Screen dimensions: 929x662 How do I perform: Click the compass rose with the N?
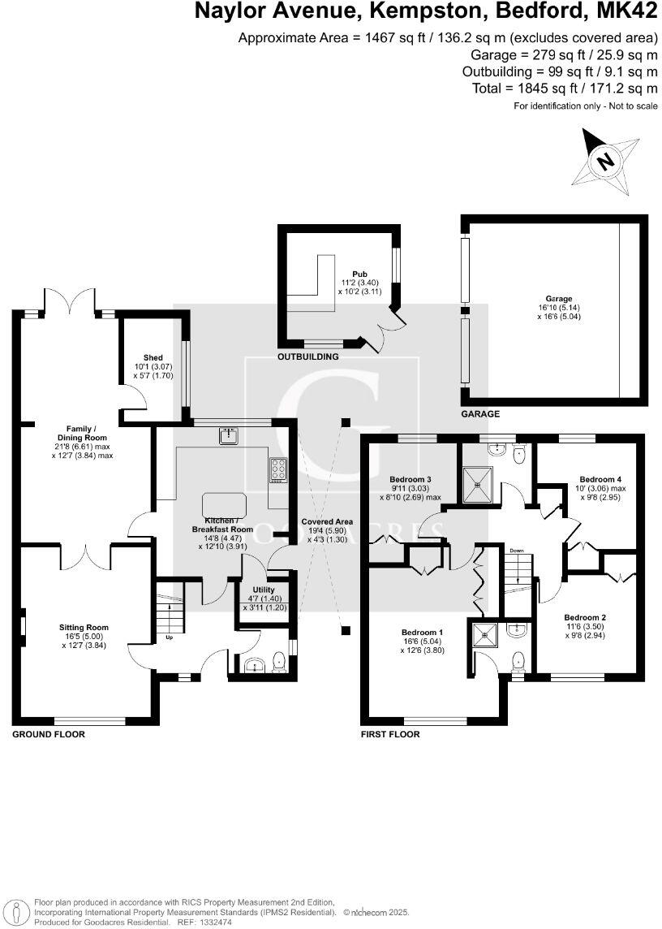(604, 162)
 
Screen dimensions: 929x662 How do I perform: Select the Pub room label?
(359, 274)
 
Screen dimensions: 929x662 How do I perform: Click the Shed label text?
(153, 357)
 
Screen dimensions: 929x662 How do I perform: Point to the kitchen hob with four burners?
(278, 471)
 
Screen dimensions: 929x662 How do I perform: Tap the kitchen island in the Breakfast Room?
(222, 503)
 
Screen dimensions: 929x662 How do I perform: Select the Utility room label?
(264, 590)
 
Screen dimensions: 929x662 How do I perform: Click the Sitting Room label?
(84, 627)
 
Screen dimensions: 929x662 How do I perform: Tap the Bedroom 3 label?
(410, 478)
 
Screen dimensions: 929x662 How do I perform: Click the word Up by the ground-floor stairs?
(169, 637)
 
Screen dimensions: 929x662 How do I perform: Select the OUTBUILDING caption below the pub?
(308, 356)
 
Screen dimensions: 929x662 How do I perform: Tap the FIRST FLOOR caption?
(391, 734)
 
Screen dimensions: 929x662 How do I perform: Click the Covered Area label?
(327, 522)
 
